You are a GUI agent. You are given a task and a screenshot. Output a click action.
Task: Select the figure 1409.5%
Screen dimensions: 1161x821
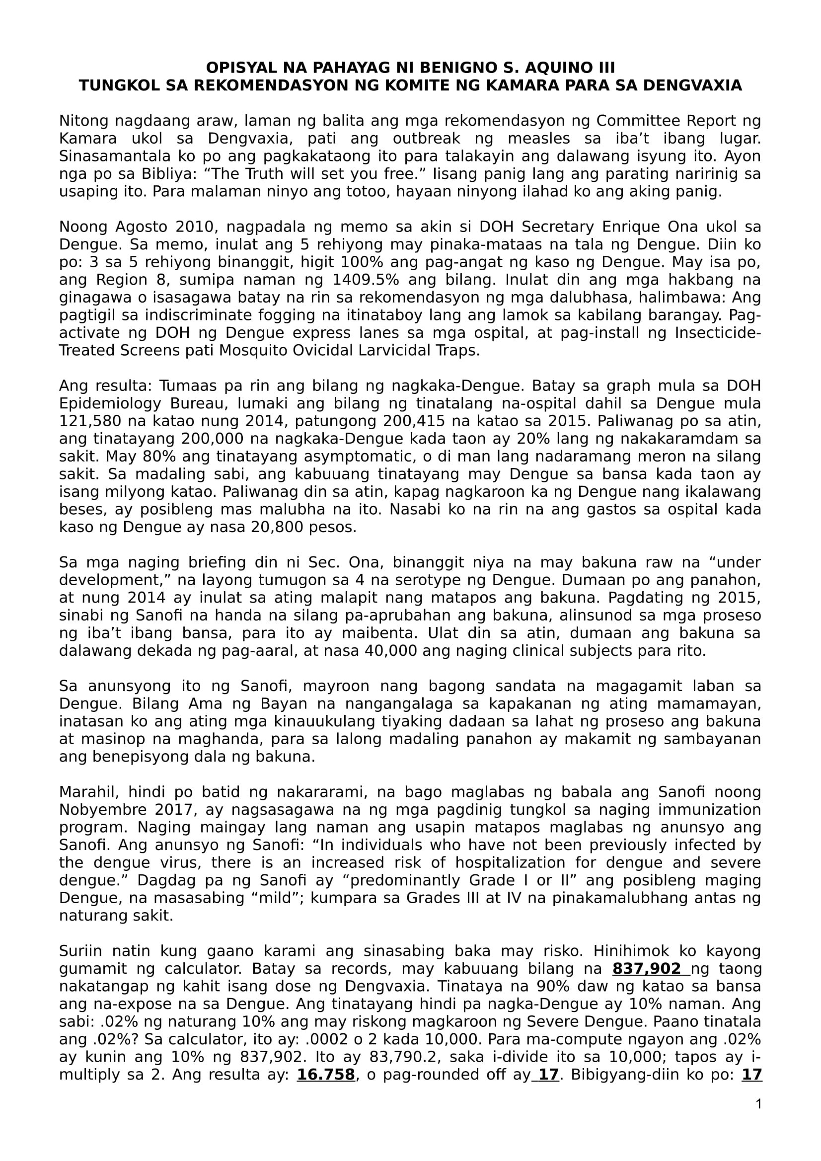tap(364, 280)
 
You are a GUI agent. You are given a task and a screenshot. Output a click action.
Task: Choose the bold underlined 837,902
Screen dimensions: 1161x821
tap(647, 968)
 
